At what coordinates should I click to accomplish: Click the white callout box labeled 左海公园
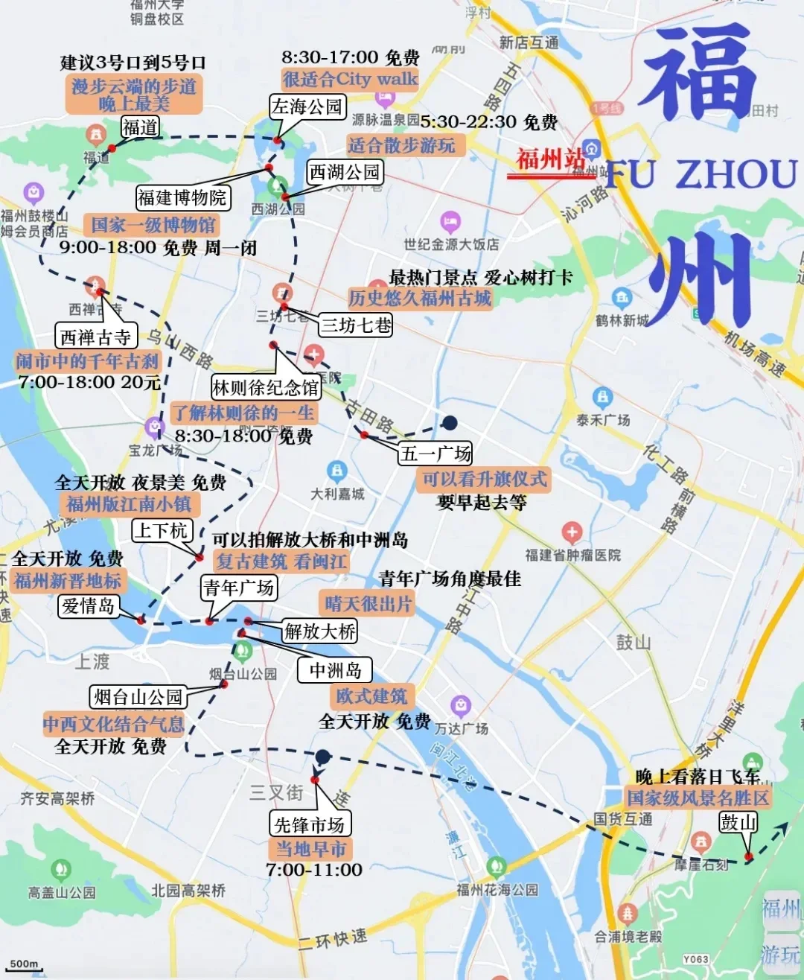[307, 106]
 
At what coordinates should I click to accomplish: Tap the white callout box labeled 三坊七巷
[356, 325]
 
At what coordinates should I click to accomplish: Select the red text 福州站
[551, 159]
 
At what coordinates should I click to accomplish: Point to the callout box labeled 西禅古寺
[95, 337]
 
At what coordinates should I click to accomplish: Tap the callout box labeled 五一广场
[435, 453]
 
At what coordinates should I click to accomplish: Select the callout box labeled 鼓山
[738, 822]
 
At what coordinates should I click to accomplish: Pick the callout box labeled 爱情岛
[89, 606]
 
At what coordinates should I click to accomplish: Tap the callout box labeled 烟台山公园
[138, 697]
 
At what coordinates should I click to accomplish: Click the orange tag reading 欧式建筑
[371, 696]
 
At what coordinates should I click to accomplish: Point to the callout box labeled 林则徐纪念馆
[266, 387]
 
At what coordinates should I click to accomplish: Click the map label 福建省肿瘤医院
[572, 555]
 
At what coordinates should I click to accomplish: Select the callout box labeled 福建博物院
[182, 197]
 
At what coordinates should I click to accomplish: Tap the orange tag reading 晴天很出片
[368, 603]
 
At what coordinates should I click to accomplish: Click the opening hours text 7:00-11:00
[314, 870]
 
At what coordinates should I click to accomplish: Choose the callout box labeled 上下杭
[162, 530]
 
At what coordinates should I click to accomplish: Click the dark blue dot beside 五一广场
[449, 423]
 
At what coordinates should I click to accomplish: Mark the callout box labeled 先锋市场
[309, 824]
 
